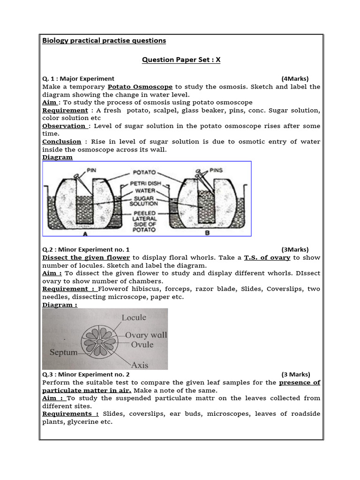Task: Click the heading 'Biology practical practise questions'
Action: point(104,40)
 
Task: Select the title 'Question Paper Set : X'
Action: point(181,60)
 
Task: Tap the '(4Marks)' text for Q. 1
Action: point(295,79)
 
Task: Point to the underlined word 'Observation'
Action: point(63,126)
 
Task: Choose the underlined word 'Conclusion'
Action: point(61,142)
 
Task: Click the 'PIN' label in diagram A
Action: point(91,171)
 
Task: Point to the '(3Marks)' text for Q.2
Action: point(295,249)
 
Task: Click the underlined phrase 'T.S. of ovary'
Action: point(267,257)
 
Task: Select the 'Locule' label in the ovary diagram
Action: point(134,317)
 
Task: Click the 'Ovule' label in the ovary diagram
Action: point(142,345)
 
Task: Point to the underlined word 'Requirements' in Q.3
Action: point(70,414)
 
